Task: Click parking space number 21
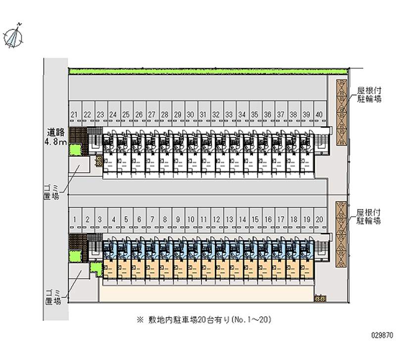tap(74, 115)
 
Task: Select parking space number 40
tap(319, 115)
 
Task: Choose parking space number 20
tap(319, 219)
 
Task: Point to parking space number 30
tap(191, 115)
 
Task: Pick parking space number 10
tap(191, 219)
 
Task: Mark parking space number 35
tap(255, 115)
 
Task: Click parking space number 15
tap(255, 219)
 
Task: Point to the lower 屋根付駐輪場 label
tap(370, 216)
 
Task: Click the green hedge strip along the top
tap(198, 72)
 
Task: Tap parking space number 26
tap(139, 115)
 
